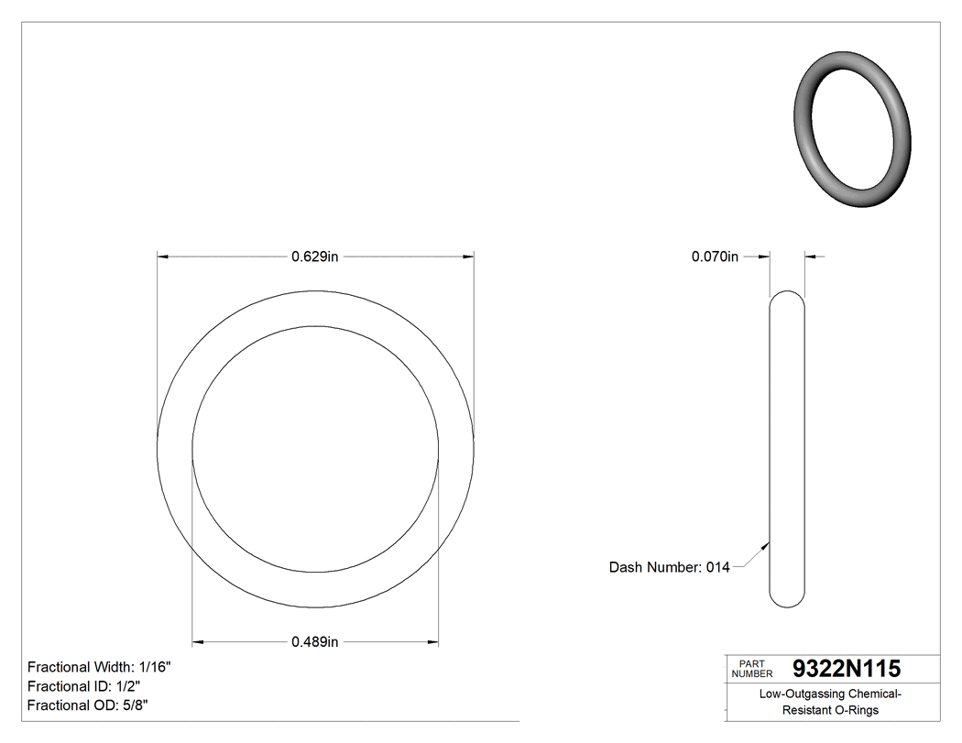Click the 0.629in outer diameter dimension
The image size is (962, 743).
[x=315, y=257]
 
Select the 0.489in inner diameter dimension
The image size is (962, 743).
[x=315, y=642]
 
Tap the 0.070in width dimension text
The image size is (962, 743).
[x=715, y=257]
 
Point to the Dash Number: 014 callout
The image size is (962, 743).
[x=669, y=567]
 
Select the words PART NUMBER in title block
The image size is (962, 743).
[x=752, y=669]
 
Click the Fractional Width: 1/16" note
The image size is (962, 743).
[x=99, y=667]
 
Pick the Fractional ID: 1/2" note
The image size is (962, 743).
[x=83, y=686]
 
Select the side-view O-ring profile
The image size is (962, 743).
[x=786, y=449]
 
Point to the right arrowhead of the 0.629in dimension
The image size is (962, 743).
[x=468, y=257]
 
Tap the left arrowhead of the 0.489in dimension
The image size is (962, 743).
[x=198, y=642]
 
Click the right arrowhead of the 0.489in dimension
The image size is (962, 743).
[x=432, y=642]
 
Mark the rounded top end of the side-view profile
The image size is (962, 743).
[x=786, y=297]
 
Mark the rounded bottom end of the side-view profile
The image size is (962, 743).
[x=786, y=600]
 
